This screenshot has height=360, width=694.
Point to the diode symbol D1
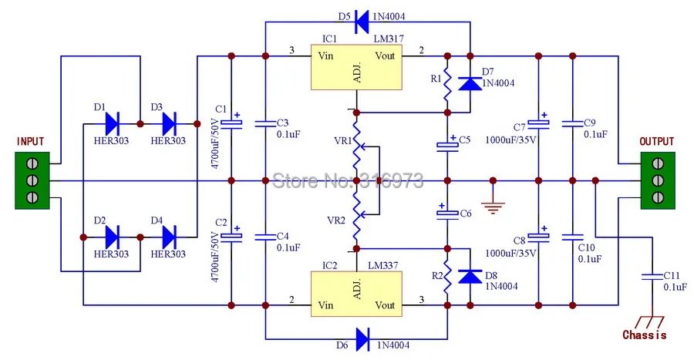coord(112,123)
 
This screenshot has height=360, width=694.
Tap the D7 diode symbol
coord(470,82)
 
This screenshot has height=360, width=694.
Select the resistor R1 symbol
coord(446,85)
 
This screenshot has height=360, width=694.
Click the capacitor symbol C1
coord(231,123)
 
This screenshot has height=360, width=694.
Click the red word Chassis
coord(645,335)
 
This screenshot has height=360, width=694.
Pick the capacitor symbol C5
coord(446,144)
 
